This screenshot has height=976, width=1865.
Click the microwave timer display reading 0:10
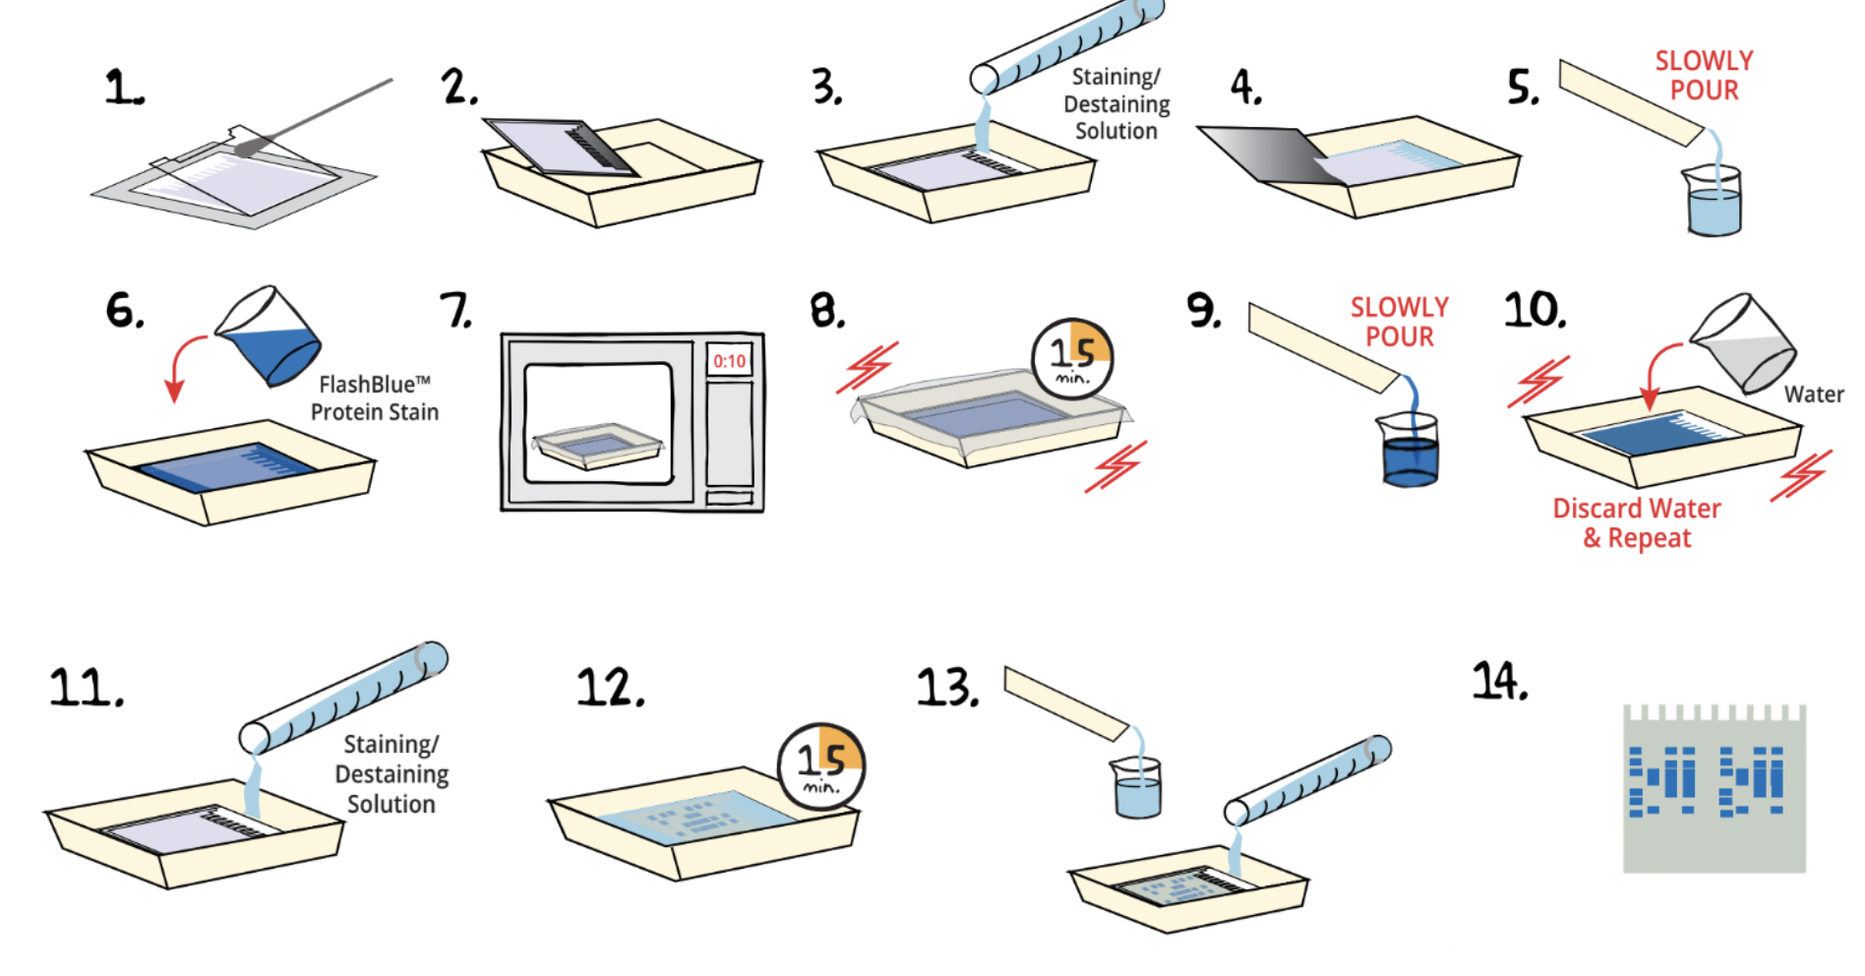[729, 361]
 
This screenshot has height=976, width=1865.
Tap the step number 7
[455, 311]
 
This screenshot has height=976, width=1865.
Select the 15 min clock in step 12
[821, 766]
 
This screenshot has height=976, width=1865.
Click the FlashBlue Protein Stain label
[375, 398]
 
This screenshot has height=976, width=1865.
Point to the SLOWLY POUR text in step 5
[1704, 76]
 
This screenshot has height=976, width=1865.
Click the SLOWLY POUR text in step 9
[1399, 322]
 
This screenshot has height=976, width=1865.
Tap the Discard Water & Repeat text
[1637, 523]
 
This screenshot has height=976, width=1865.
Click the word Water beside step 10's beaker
[1814, 395]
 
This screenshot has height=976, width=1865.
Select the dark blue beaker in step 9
[1411, 454]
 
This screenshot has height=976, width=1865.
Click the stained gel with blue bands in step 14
[1714, 788]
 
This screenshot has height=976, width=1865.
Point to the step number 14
[1500, 681]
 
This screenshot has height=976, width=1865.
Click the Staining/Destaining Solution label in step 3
[1116, 104]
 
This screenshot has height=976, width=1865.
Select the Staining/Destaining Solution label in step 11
[391, 774]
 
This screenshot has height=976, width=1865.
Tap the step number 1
[124, 89]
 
